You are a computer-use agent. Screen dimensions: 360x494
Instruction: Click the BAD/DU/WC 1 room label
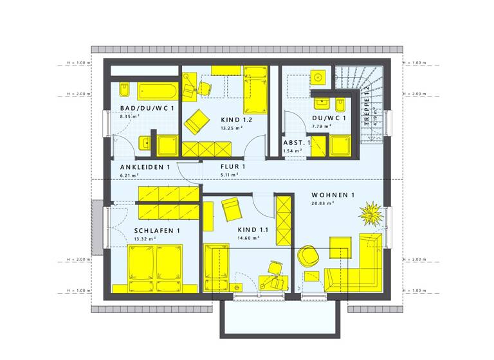point(144,107)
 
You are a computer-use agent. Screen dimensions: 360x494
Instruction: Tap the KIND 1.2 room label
point(236,120)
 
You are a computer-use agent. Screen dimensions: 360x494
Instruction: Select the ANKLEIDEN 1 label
point(145,167)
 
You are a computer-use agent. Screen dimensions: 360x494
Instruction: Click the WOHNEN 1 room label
point(333,195)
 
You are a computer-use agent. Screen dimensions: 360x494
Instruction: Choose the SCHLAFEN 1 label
point(157,230)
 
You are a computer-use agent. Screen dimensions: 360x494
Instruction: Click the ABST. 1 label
point(297,142)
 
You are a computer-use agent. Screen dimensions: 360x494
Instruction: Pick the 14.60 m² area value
point(248,238)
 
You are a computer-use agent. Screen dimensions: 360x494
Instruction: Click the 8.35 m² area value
point(130,116)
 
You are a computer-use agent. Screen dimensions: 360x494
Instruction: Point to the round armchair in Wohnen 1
point(309,255)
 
